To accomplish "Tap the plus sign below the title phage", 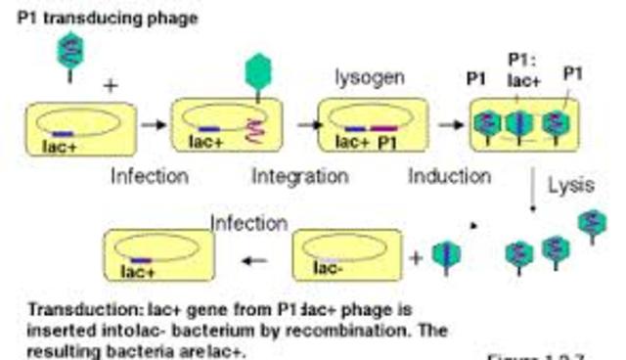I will click(110, 86).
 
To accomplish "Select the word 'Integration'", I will click(299, 176).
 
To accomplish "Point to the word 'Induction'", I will click(449, 176).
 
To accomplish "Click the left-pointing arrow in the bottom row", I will click(255, 261).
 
